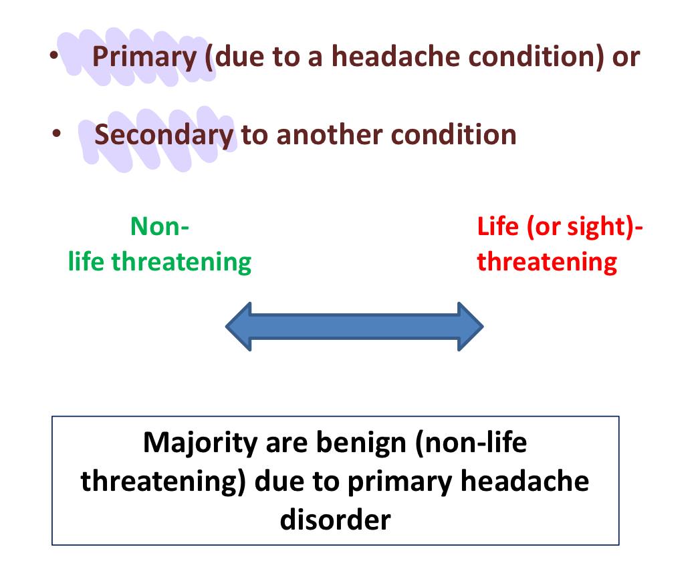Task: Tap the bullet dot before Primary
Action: [53, 58]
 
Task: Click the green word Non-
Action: [160, 226]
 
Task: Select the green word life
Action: [87, 261]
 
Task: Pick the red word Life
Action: [498, 226]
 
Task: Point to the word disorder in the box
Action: [335, 518]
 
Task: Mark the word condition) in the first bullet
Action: [538, 57]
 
